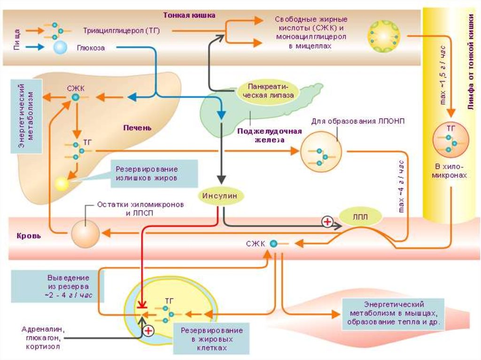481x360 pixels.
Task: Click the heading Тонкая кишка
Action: click(x=189, y=15)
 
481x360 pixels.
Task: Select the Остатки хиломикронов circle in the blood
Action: click(x=85, y=232)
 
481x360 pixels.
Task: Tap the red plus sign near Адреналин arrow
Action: click(x=148, y=330)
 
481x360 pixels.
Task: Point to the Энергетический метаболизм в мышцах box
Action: click(x=394, y=314)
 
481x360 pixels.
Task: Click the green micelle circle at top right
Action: click(x=384, y=35)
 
